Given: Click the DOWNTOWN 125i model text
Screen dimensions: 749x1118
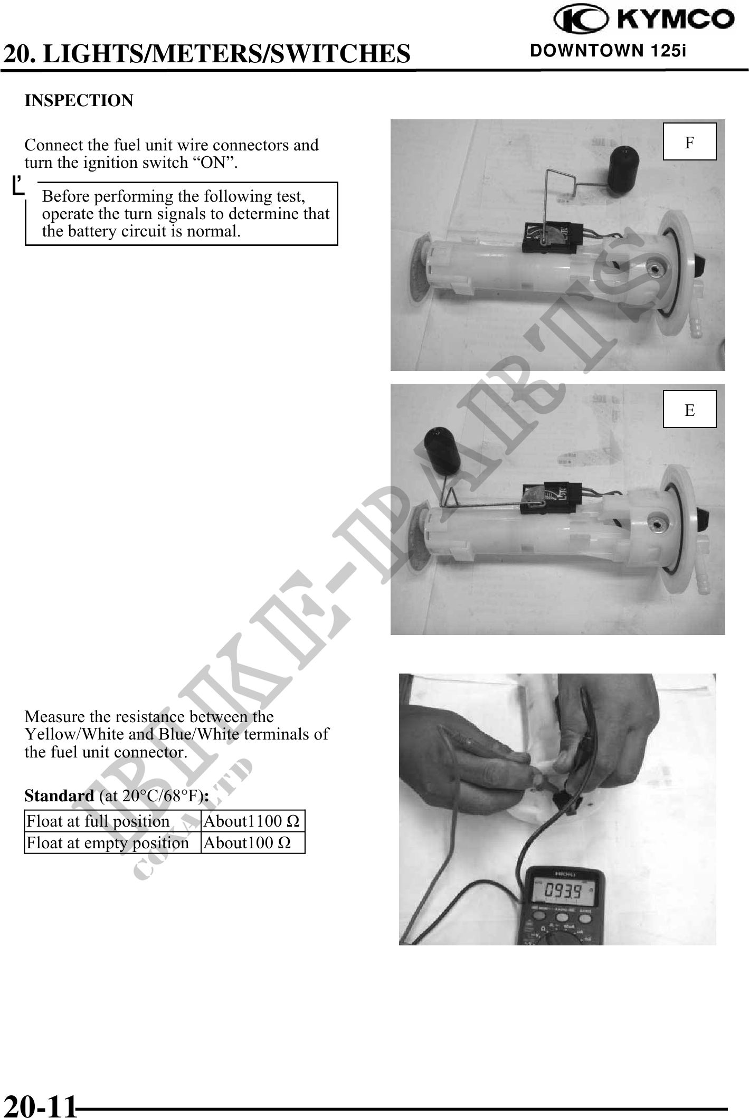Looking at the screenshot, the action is coord(608,51).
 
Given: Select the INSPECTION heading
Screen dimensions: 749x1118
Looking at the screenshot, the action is coord(79,100).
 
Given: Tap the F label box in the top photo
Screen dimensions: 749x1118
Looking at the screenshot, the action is coord(689,141).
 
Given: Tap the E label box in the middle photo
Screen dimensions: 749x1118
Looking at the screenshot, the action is coord(689,409).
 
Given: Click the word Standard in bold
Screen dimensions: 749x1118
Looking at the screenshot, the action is coord(59,795).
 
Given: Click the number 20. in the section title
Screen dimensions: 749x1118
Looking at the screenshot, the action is coord(21,53).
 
